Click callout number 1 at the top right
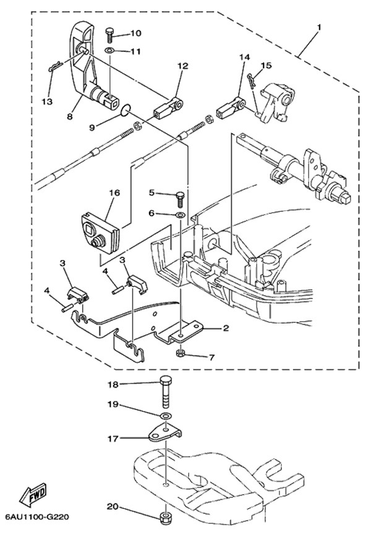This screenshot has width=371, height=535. [x=319, y=27]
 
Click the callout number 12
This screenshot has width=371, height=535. [x=182, y=65]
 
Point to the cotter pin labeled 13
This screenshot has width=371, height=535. [x=54, y=68]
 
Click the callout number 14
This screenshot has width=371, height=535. [x=244, y=57]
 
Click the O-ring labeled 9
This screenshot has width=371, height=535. [x=126, y=110]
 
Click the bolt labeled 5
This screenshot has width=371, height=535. [x=179, y=198]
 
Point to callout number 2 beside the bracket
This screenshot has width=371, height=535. [x=226, y=328]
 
